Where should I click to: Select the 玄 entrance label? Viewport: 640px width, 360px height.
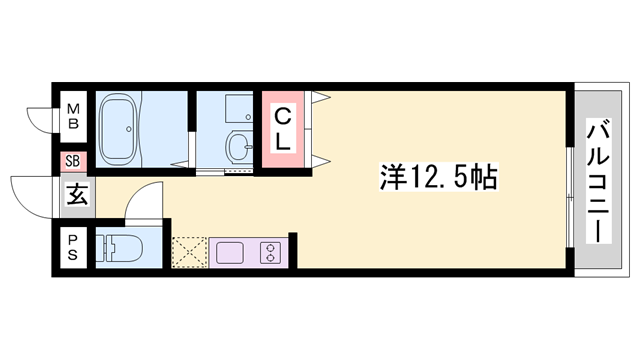point(76,193)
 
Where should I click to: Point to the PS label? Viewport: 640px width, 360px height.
point(73,245)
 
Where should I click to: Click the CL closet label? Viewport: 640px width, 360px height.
point(284,129)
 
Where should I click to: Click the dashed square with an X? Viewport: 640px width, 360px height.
point(188,252)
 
